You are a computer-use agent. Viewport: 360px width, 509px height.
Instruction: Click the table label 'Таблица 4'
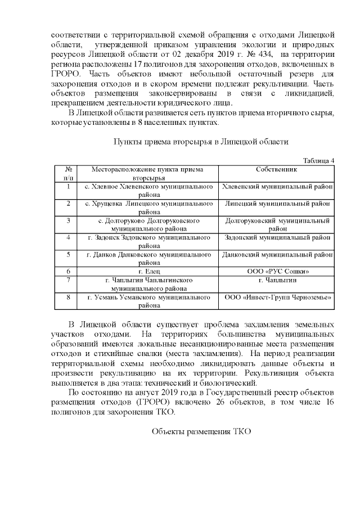(318, 160)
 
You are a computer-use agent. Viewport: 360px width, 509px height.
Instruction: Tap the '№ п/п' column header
(68, 173)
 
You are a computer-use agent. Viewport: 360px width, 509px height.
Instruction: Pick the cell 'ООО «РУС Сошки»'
(277, 272)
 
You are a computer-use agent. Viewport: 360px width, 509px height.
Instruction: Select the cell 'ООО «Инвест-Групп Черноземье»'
(277, 297)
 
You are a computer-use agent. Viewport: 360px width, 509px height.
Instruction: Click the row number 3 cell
(68, 220)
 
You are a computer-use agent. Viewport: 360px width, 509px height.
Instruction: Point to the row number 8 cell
(68, 297)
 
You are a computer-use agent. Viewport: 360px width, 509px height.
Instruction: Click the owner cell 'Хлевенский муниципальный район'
(277, 186)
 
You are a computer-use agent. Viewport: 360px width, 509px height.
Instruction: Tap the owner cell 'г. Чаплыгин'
(277, 280)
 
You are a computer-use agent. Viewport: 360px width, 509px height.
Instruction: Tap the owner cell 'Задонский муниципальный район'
(277, 237)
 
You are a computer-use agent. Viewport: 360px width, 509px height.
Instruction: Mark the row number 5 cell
(68, 254)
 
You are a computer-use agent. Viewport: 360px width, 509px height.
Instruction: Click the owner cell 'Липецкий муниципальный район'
(277, 203)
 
